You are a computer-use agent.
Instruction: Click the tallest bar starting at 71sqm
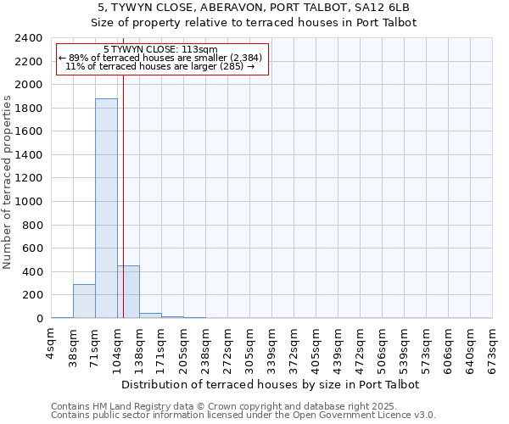pyautogui.click(x=106, y=208)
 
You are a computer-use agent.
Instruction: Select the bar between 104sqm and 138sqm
pyautogui.click(x=128, y=292)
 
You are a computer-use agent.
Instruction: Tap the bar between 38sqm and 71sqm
pyautogui.click(x=84, y=301)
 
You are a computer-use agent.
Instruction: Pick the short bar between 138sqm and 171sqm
pyautogui.click(x=150, y=315)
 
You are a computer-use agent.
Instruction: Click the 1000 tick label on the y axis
pyautogui.click(x=30, y=202)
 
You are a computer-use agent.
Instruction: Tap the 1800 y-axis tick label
pyautogui.click(x=30, y=109)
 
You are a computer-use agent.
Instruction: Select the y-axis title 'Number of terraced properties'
pyautogui.click(x=8, y=182)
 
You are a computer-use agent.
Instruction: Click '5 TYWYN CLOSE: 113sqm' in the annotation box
pyautogui.click(x=160, y=49)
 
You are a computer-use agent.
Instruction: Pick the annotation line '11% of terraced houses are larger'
pyautogui.click(x=160, y=66)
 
